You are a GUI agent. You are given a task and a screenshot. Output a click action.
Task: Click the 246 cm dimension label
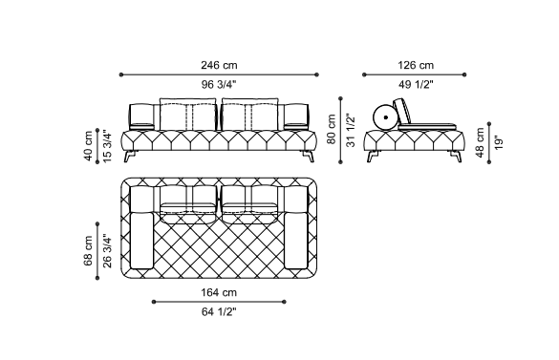pyautogui.click(x=219, y=65)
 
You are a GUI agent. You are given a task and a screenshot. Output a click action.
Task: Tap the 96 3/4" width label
pyautogui.click(x=219, y=84)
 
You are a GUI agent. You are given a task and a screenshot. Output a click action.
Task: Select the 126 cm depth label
pyautogui.click(x=416, y=65)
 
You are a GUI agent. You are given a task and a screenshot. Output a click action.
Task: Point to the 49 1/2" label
pyautogui.click(x=416, y=84)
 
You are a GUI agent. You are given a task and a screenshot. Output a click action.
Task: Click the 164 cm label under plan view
pyautogui.click(x=219, y=292)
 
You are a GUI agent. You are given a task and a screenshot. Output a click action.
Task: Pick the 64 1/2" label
pyautogui.click(x=219, y=312)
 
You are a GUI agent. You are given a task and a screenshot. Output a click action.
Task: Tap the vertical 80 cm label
pyautogui.click(x=332, y=129)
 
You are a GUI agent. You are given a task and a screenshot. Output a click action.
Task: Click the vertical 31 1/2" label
pyautogui.click(x=351, y=130)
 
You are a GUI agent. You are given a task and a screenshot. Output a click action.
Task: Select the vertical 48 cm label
pyautogui.click(x=480, y=142)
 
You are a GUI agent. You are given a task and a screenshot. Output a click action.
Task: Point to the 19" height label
pyautogui.click(x=499, y=142)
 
